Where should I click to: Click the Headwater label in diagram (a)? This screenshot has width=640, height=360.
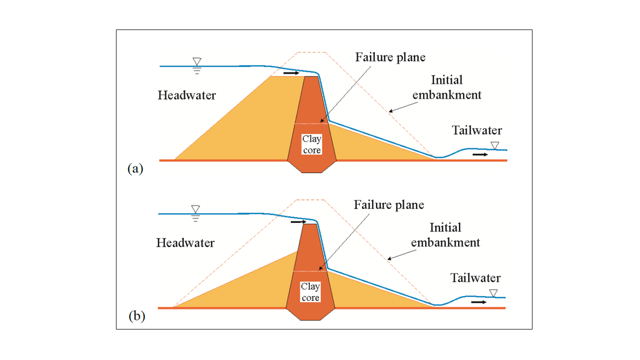click(187, 95)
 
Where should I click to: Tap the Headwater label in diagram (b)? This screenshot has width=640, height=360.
click(185, 243)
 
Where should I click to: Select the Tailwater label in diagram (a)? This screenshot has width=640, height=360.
click(477, 130)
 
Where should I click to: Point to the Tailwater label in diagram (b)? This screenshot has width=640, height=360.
click(475, 278)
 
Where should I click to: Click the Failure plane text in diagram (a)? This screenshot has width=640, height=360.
click(390, 57)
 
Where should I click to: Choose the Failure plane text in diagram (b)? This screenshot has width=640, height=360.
click(389, 205)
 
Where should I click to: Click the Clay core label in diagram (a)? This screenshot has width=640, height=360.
click(311, 144)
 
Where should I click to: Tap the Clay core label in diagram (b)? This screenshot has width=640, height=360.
click(310, 291)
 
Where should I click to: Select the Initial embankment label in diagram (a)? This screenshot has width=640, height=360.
click(447, 87)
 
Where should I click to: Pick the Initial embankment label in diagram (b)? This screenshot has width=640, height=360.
click(445, 235)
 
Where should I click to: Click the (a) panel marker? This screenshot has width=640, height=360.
click(135, 168)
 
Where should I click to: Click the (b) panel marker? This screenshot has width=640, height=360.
click(136, 316)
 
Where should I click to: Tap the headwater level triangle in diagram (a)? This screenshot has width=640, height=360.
click(197, 61)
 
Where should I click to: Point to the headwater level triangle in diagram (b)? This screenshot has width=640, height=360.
click(195, 209)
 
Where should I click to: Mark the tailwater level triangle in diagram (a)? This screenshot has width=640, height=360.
click(495, 145)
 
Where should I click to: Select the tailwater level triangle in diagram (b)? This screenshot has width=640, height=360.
click(493, 293)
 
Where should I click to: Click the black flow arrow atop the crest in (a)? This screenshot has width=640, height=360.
click(291, 73)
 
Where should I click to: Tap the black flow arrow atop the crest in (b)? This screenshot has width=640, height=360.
click(298, 221)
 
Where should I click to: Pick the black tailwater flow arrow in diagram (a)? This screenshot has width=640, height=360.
click(480, 154)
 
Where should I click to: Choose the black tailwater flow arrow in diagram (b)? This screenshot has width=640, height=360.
click(479, 302)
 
